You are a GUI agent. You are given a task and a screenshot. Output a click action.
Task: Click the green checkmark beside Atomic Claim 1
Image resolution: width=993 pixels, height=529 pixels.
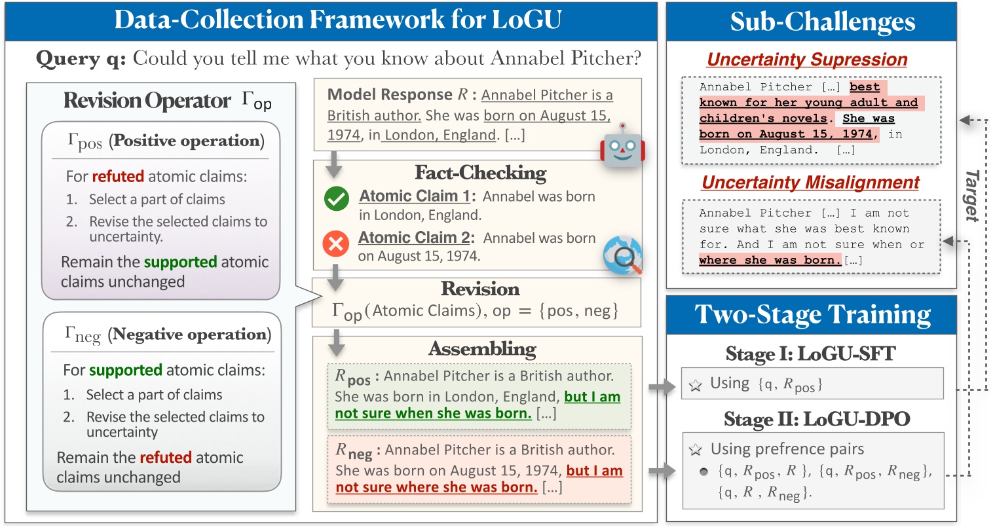337,199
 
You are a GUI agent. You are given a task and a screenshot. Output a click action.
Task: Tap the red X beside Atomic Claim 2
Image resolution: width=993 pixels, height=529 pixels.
336,244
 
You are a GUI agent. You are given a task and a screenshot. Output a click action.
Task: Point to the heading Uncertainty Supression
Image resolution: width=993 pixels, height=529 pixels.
807,60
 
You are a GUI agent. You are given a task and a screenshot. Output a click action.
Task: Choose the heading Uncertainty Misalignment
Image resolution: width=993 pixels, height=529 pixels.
811,183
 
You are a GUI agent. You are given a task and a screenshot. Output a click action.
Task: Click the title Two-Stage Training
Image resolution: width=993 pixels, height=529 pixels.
812,315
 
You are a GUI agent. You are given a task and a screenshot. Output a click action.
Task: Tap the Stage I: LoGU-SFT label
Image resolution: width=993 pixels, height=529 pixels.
810,354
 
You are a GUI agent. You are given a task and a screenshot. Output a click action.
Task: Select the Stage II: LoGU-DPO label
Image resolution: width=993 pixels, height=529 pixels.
817,419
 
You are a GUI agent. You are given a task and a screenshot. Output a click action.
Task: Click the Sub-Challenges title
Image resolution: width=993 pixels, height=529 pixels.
823,22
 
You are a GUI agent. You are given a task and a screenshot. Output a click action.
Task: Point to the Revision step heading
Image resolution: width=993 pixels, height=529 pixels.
480,289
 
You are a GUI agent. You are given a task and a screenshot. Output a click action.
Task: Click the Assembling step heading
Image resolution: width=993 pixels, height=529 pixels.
482,349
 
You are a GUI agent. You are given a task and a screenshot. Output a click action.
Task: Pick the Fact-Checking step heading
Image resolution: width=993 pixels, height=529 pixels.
480,173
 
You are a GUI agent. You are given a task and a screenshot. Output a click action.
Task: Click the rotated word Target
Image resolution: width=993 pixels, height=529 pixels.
972,196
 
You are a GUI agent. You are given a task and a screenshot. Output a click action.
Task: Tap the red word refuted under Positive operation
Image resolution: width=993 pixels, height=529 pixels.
118,176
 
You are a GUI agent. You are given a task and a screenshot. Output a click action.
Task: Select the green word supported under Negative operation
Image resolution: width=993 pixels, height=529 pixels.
126,370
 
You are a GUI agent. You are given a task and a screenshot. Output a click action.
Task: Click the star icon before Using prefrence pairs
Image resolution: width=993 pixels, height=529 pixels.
696,450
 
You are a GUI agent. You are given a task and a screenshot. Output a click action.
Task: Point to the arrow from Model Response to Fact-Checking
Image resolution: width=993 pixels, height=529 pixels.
334,164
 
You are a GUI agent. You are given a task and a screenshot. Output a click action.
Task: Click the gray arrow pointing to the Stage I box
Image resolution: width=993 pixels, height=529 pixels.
662,388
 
